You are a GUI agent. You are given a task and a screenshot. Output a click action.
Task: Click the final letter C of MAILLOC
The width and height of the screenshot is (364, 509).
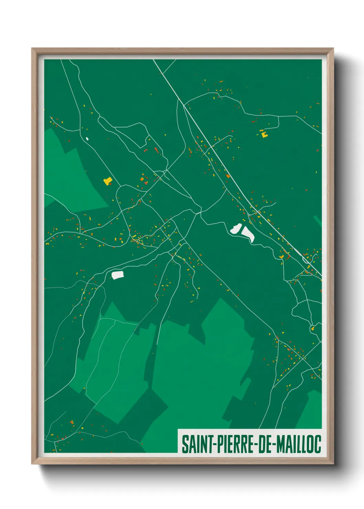318,444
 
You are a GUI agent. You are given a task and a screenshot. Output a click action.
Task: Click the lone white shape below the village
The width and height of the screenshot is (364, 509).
117,275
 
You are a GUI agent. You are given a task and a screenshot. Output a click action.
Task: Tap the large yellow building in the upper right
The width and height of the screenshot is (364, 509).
264,134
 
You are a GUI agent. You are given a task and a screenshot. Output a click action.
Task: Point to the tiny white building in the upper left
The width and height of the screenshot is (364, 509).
87,139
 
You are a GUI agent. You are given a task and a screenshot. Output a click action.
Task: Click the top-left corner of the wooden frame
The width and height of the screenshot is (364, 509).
32,48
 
